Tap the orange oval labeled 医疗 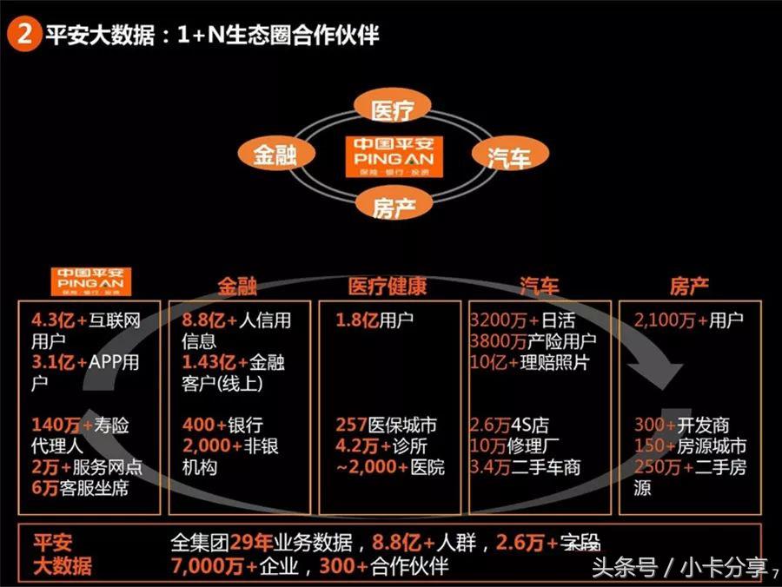(390, 109)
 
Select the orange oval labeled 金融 (275, 154)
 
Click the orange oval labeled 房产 (390, 207)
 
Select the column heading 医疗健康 (388, 286)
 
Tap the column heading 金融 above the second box (237, 286)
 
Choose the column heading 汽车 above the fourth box (540, 286)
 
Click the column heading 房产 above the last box (689, 286)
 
